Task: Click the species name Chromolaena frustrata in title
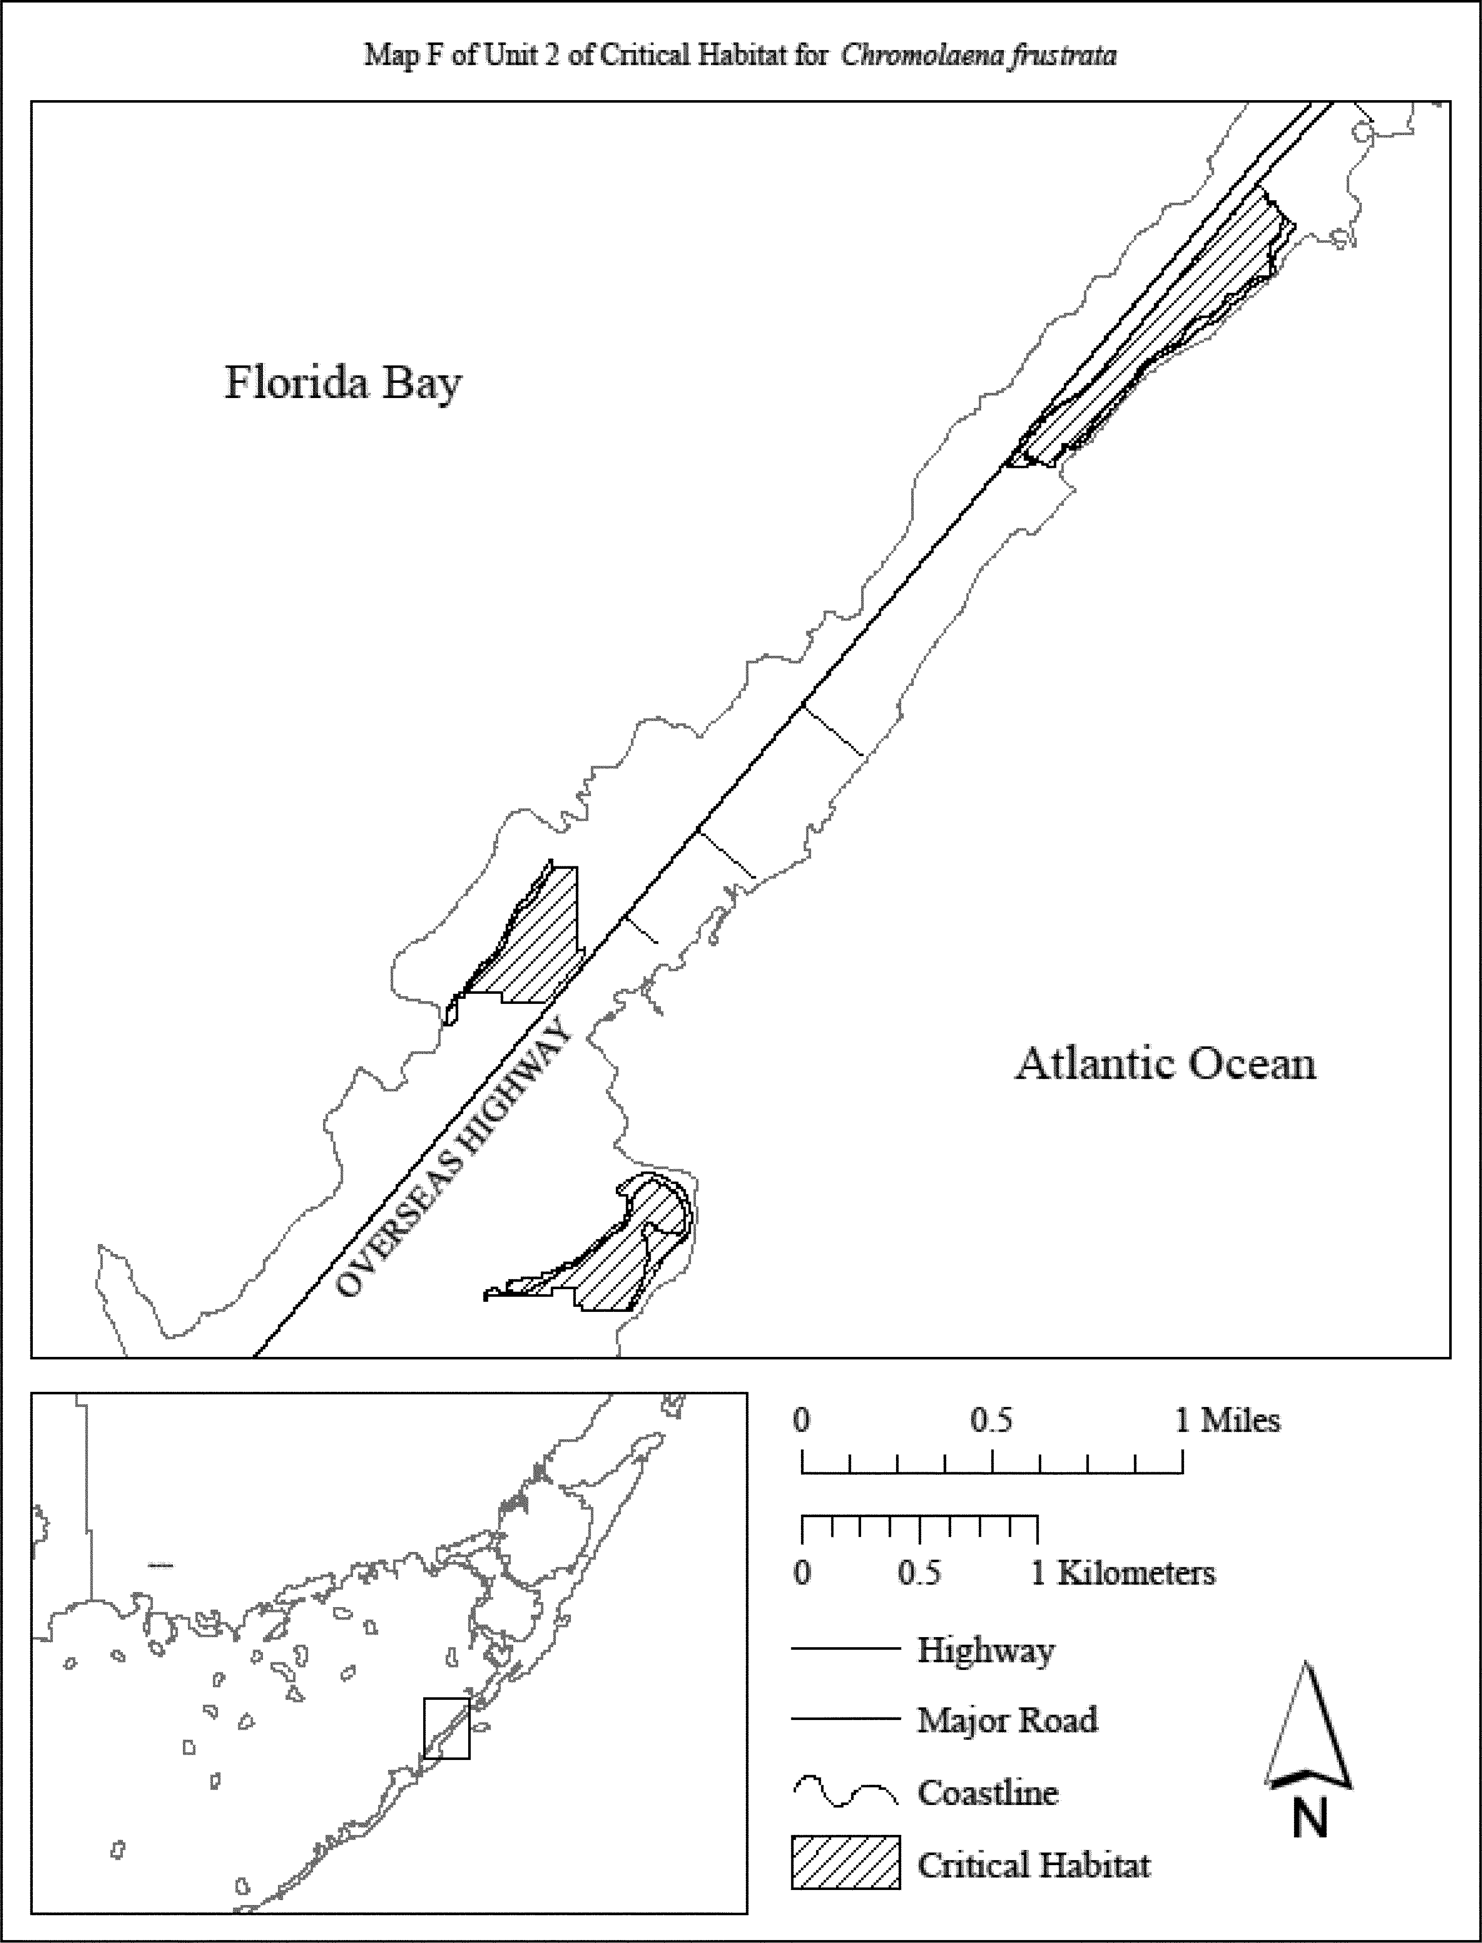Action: (x=978, y=56)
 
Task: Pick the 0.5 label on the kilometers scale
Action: (x=919, y=1573)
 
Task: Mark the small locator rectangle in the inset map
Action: (x=446, y=1728)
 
